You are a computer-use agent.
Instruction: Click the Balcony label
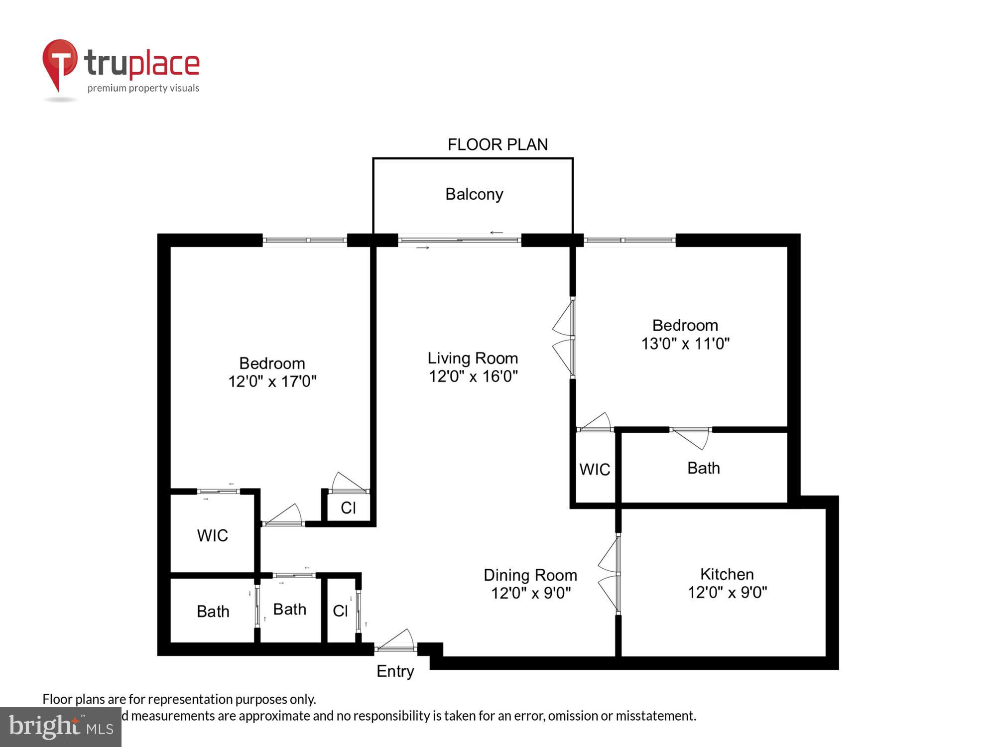coord(474,194)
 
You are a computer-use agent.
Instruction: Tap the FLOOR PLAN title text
coord(497,145)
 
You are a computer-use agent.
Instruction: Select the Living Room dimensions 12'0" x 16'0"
coord(473,376)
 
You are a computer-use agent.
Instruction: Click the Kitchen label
coord(727,574)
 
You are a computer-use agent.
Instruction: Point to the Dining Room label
coord(530,575)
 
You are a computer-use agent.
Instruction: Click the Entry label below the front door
coord(395,671)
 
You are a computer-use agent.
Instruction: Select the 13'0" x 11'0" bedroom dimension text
coord(685,344)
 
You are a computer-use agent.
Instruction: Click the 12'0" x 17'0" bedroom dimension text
coord(272,381)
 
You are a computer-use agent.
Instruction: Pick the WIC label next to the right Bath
coord(595,470)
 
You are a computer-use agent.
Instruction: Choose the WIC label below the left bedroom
coord(213,536)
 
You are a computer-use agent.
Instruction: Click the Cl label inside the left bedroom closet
coord(348,508)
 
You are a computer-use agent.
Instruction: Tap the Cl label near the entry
coord(340,611)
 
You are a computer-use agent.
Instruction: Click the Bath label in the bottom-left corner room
coord(213,612)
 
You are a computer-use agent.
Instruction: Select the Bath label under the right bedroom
coord(703,468)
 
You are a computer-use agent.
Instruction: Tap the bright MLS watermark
coord(60,727)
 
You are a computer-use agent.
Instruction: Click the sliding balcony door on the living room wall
coord(459,241)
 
